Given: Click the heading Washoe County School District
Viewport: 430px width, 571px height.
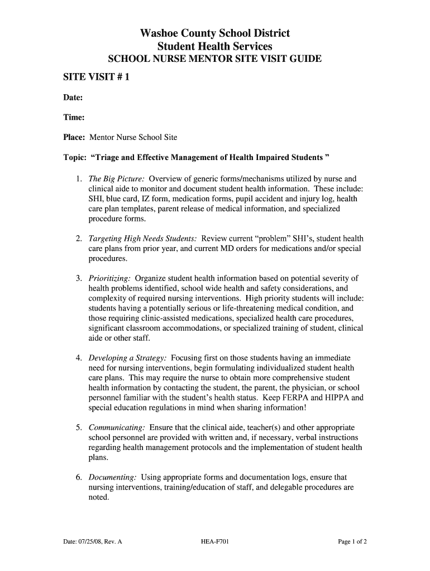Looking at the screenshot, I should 215,33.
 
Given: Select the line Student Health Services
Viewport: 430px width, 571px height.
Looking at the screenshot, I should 215,47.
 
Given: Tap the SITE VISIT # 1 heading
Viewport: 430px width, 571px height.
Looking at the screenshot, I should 95,78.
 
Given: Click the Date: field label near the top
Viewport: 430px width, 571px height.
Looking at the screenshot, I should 73,98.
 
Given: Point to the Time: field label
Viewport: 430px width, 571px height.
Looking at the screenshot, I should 73,117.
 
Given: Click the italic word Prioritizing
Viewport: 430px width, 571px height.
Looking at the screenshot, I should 109,278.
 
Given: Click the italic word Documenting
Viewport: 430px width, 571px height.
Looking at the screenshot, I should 113,477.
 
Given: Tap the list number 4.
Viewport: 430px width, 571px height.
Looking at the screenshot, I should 79,357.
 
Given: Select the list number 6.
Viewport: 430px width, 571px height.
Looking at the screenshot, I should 79,477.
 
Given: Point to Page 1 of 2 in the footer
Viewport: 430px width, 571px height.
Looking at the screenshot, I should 352,541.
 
